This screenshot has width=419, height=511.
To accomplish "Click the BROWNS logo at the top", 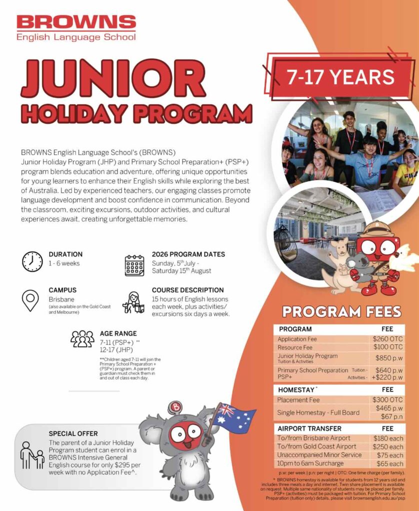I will (76, 27).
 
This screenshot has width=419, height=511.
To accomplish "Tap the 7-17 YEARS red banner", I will (340, 77).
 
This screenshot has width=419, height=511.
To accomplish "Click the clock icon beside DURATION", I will (32, 261).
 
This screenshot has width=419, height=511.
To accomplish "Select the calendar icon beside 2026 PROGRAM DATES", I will (134, 265).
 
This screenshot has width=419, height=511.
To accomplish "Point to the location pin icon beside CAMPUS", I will (30, 300).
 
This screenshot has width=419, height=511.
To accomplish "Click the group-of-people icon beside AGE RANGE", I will (82, 339).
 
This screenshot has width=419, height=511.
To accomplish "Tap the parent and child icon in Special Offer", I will (32, 455).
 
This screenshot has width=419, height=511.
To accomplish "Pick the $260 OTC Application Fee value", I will (387, 339).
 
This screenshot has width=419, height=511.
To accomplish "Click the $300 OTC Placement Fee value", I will (387, 400).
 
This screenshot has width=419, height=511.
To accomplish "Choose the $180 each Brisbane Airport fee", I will (388, 438).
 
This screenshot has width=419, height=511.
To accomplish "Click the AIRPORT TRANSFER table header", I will (309, 428).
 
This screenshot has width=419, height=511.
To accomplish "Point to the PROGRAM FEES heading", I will (341, 312).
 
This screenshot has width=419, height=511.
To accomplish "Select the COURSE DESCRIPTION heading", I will (187, 290).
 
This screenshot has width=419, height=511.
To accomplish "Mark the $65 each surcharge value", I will (389, 464).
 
